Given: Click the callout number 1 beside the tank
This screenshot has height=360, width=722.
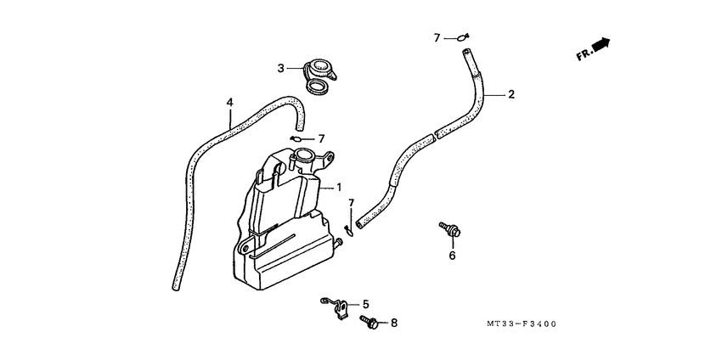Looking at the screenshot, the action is pos(338,188).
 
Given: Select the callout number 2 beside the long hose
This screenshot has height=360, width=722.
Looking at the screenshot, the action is pos(510,94).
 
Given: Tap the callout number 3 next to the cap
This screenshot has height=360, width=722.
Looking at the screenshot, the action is pos(280,69).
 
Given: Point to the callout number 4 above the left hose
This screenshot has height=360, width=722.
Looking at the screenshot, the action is pos(230,102).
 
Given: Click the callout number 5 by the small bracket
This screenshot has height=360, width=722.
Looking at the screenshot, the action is pos(365,304).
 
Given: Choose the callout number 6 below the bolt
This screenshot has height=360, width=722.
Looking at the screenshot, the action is pos(452,255).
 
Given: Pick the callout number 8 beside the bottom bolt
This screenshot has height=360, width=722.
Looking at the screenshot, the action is pos(393,323).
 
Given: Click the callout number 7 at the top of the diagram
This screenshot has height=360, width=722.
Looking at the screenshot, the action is pos(437,38).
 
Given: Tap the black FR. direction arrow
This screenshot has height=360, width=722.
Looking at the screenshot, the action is pos(601,45).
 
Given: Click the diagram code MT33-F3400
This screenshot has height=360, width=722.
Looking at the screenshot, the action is pos(522,324).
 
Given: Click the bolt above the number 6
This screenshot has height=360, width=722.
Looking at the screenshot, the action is pos(450,229).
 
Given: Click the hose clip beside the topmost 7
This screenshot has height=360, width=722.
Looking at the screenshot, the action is pos(462,37).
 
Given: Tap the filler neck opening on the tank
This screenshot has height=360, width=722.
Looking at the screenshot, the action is pos(304,154).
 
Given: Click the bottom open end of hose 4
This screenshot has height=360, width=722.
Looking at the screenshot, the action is pos(176,287).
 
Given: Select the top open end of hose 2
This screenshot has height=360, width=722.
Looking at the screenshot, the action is pos(466,51).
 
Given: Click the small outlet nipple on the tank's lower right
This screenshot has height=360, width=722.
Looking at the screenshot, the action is pos(340,242).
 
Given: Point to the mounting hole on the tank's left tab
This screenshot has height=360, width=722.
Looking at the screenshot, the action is pos(245,249).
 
